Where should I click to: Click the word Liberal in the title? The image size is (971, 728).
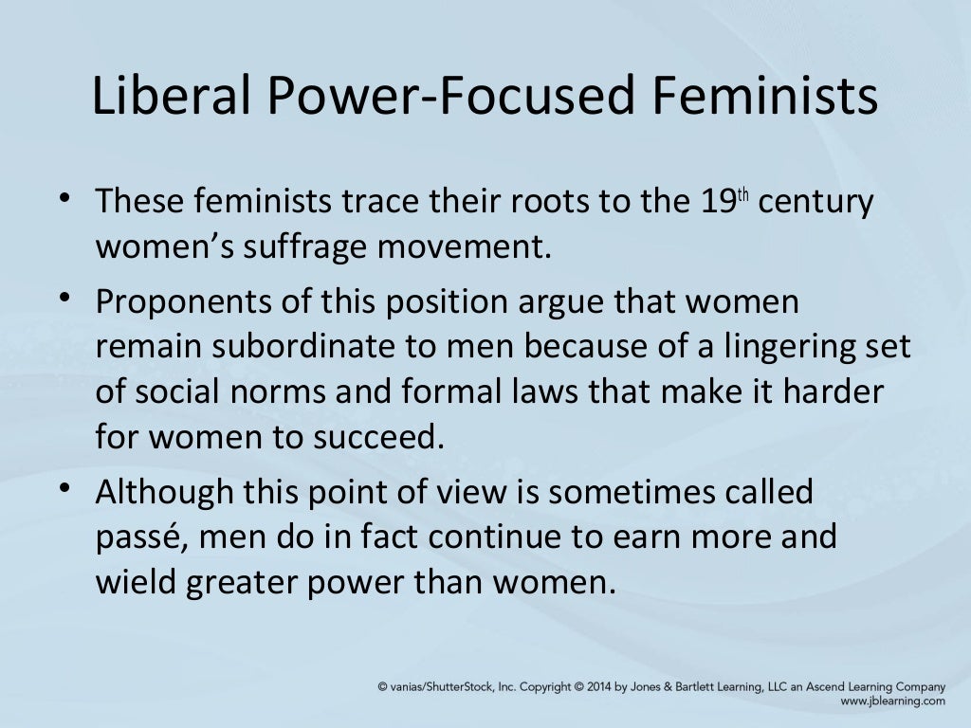tap(167, 99)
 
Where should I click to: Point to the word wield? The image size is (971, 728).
tap(135, 580)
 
